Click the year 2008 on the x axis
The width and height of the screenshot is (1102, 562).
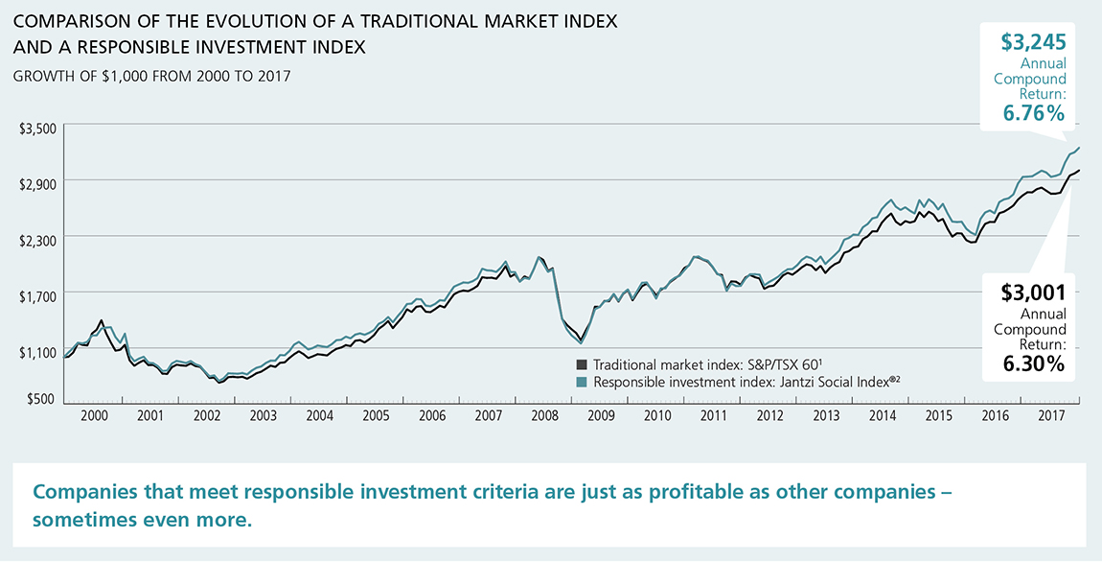[x=544, y=416]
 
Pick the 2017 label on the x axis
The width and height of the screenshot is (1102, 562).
[x=1052, y=416]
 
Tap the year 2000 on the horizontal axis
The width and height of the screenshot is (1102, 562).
[x=93, y=416]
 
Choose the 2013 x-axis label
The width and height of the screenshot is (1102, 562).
[x=826, y=416]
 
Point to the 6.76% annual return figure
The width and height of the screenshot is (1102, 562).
[x=1034, y=113]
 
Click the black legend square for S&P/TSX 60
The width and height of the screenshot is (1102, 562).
[x=582, y=364]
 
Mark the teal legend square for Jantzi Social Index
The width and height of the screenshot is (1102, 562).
[x=582, y=382]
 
